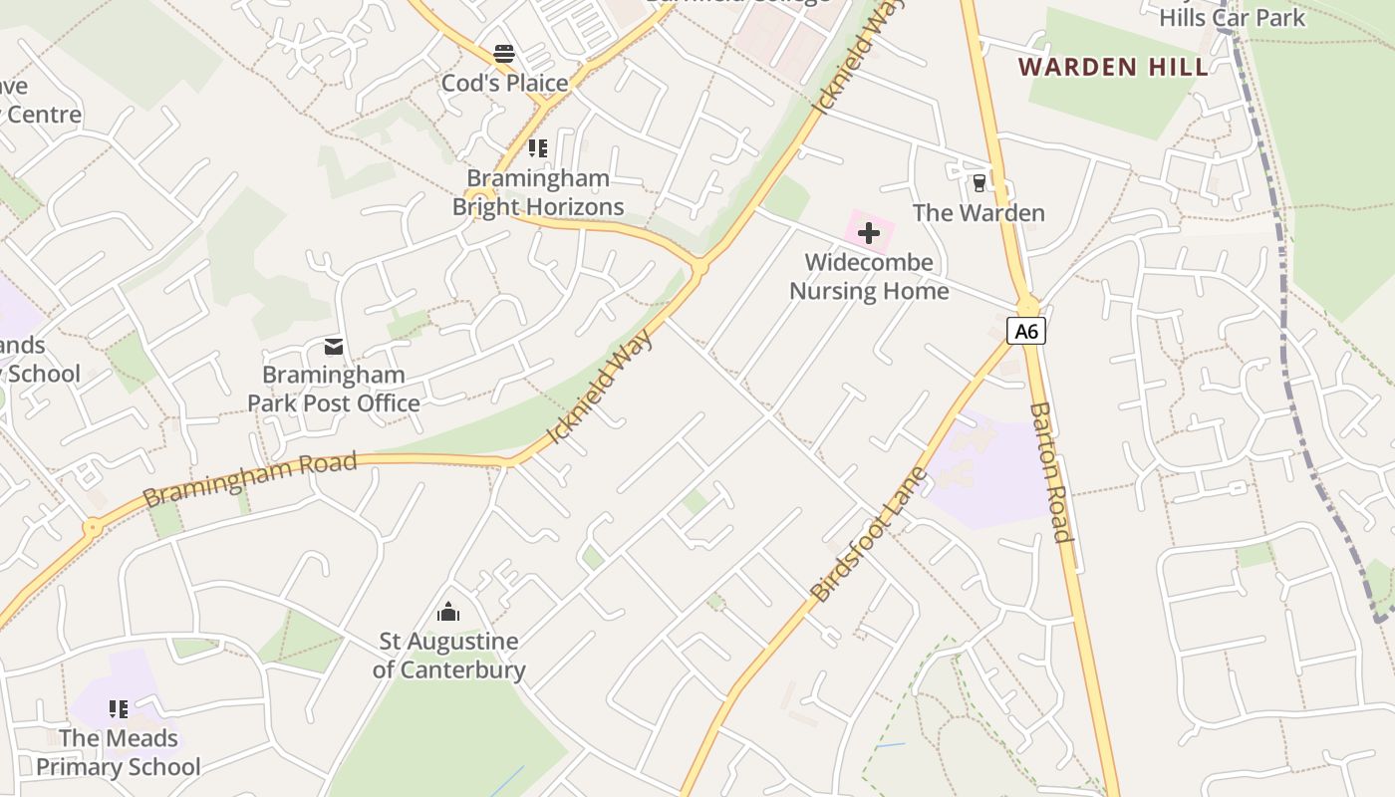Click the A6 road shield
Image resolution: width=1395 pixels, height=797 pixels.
point(1025,331)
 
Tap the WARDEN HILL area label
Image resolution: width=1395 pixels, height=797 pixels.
point(1113,68)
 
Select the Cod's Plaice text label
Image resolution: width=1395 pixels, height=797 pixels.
point(504,84)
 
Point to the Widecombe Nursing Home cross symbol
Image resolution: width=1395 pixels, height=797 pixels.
point(869,233)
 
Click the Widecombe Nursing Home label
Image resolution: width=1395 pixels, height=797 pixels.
point(869,277)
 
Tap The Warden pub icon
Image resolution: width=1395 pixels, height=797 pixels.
point(978,183)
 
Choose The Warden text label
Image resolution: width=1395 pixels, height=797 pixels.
point(978,213)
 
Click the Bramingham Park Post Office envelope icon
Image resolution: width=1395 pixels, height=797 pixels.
point(333,347)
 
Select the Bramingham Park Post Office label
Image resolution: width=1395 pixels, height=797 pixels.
point(333,390)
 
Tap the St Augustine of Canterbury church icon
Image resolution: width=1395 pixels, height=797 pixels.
point(448,612)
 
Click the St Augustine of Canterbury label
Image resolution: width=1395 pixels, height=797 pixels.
point(448,656)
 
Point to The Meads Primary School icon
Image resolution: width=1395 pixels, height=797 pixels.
point(119,709)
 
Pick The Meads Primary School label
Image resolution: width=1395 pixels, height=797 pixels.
point(119,752)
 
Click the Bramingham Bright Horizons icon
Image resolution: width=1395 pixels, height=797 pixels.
point(537,149)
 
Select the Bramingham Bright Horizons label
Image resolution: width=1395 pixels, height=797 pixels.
point(538,193)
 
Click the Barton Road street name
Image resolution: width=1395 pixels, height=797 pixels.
point(1052,472)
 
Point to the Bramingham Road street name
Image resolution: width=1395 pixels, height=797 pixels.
point(249,479)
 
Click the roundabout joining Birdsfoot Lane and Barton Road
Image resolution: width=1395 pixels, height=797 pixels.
point(1027,302)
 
